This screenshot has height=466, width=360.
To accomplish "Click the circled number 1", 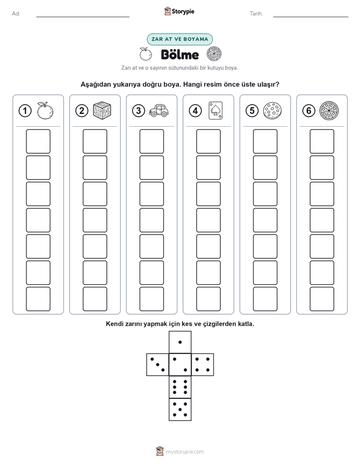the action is point(25,111).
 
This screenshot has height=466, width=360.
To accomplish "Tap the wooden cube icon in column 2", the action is point(102,110).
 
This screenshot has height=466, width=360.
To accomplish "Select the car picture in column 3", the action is point(159,110).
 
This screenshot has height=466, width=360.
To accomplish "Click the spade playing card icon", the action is point(215,110).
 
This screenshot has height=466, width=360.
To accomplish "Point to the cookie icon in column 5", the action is point(272,111).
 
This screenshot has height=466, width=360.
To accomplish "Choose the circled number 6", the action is point(309,111).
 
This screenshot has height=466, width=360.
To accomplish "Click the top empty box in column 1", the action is point(38,141).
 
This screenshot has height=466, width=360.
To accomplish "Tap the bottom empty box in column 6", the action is point(322,299).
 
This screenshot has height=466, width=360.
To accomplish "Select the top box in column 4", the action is point(208,141).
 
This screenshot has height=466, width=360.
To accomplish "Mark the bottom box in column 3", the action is point(151,299).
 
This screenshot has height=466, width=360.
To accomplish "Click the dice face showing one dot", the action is point(180,342).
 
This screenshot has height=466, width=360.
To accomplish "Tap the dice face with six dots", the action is point(180,387).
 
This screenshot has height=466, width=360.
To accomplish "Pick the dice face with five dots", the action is point(180,410).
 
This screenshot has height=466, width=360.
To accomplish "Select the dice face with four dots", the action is point(203,365).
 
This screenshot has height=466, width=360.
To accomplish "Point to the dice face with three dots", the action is point(158,365).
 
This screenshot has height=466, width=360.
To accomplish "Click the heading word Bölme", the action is point(179,54).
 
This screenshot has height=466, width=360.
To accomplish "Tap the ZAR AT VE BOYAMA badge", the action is point(179,39).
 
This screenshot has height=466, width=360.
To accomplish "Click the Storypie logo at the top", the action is point(179,12).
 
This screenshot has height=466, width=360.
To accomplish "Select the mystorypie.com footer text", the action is point(185,452).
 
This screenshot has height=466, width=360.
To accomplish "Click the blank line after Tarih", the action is point(311,17).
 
